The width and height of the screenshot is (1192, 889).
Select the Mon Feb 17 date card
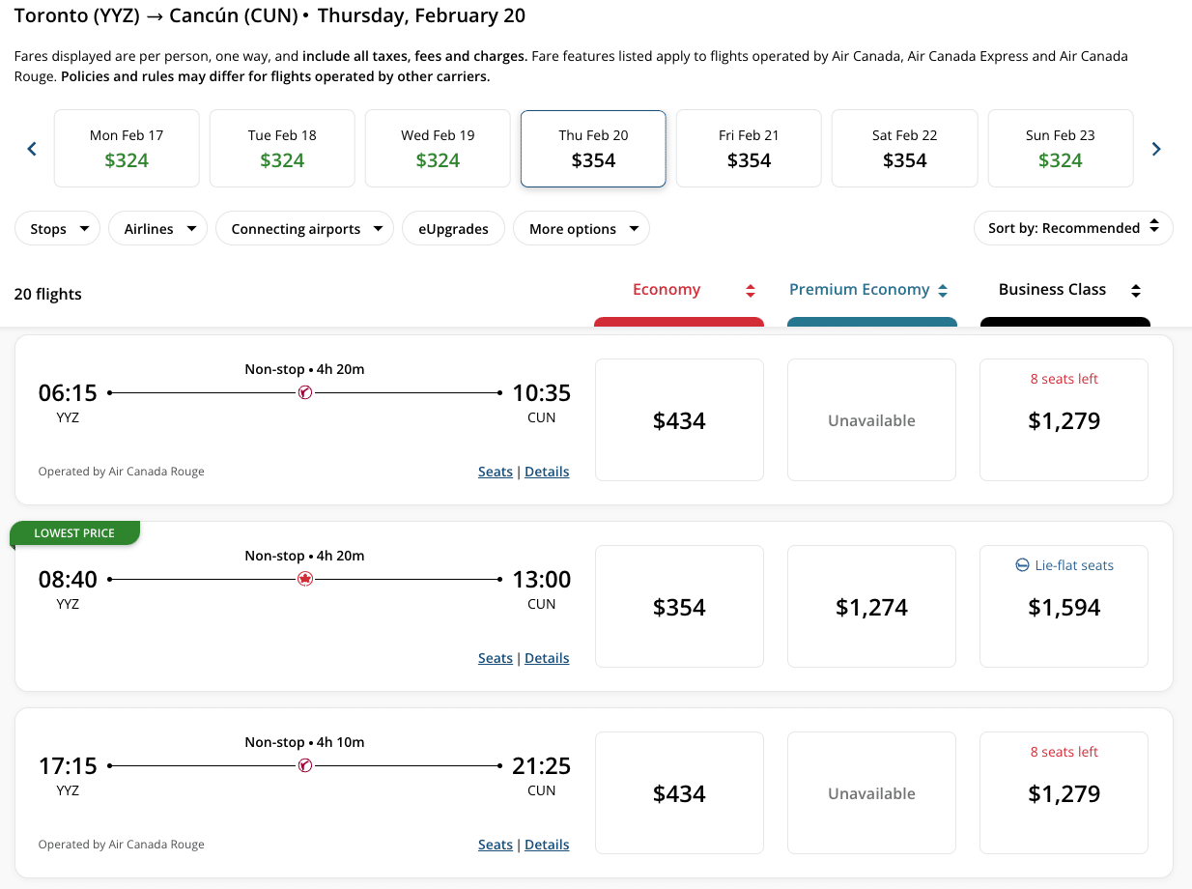(127, 148)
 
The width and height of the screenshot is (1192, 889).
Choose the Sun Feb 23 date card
(1060, 148)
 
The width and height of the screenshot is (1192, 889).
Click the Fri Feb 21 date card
(749, 148)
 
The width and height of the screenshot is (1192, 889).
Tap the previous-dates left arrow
(32, 149)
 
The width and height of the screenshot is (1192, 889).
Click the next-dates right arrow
(1156, 149)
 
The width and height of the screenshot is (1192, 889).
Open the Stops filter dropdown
(58, 229)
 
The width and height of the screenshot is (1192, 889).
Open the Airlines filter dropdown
(158, 229)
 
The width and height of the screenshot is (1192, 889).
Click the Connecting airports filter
(305, 229)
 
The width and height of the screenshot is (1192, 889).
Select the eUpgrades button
(453, 229)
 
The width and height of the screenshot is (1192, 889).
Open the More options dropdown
(582, 229)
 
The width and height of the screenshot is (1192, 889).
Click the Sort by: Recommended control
(1073, 228)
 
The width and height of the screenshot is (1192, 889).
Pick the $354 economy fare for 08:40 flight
(679, 607)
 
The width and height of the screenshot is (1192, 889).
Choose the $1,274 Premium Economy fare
(871, 607)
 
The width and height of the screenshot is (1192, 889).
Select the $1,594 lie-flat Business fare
(1064, 607)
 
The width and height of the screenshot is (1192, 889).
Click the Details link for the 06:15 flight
(547, 472)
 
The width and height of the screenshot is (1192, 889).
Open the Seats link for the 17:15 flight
(495, 845)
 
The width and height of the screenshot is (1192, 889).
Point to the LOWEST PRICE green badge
(75, 533)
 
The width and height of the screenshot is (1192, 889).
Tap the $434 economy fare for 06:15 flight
(679, 420)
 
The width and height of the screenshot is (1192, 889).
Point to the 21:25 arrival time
(541, 766)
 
